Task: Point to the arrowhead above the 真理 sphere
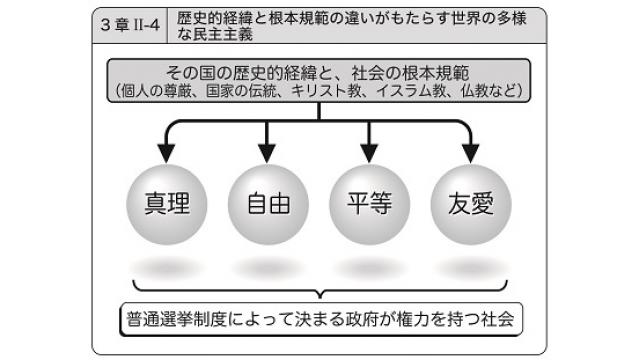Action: point(168,153)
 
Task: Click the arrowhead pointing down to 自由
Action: point(266,153)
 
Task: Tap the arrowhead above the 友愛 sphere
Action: point(467,153)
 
